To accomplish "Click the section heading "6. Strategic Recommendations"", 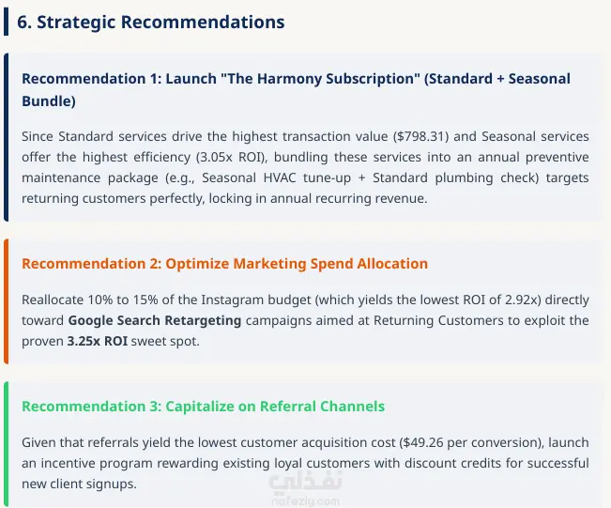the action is point(151,23).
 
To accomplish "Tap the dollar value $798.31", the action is point(420,136).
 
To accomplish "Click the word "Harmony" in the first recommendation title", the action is point(287,79).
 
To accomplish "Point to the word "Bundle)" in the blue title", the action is point(49,101).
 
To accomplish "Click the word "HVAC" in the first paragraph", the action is point(280,177).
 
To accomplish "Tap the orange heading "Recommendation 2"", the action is point(92,264).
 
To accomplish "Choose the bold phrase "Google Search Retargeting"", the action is point(155,320).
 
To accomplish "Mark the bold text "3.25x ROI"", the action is point(98,341).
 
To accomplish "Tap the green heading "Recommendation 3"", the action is point(92,407).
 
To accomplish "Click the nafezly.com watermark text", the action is point(306,501).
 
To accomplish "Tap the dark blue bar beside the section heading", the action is point(6,23).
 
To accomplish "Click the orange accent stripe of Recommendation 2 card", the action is point(6,301).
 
